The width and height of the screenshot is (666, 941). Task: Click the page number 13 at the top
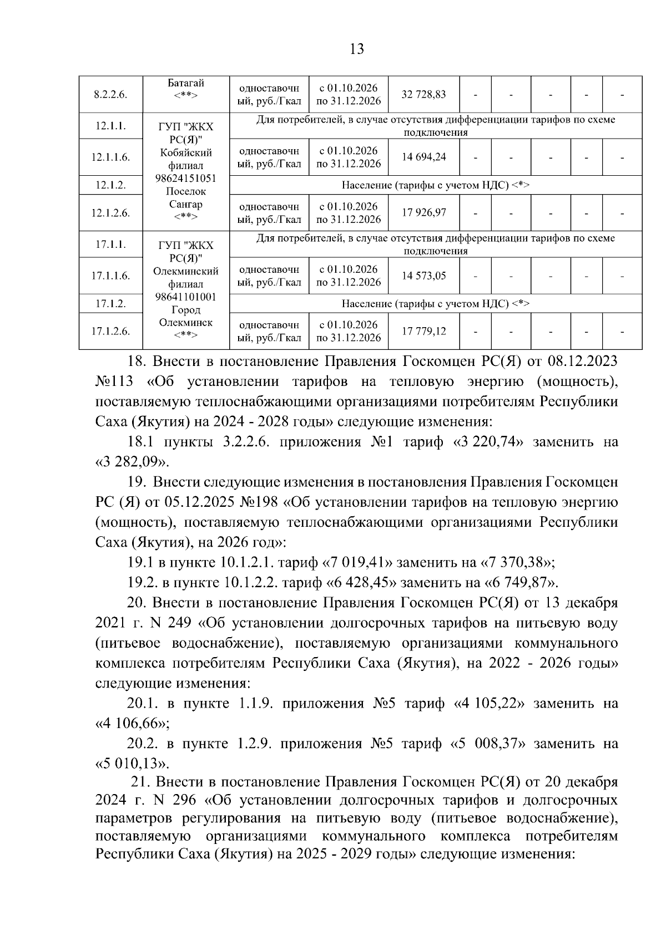(x=357, y=49)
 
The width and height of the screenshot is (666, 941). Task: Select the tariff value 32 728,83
(x=423, y=94)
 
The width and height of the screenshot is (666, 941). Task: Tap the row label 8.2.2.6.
(x=110, y=94)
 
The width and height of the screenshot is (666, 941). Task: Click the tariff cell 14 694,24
(x=423, y=157)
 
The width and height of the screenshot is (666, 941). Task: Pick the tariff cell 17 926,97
(x=423, y=212)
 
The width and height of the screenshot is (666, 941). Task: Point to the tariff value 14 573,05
(x=423, y=276)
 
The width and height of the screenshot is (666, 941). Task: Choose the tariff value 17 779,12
(x=423, y=331)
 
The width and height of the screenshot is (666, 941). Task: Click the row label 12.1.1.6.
(x=110, y=157)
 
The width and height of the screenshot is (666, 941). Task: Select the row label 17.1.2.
(x=110, y=303)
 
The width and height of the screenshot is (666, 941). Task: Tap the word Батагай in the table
(x=186, y=83)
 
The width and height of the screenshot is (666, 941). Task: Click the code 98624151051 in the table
(x=186, y=179)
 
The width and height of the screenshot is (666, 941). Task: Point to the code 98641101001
(x=186, y=297)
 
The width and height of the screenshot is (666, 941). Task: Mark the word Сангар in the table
(x=186, y=204)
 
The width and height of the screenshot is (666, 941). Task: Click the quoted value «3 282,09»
(x=132, y=462)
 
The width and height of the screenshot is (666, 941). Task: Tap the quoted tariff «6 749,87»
(x=521, y=582)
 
